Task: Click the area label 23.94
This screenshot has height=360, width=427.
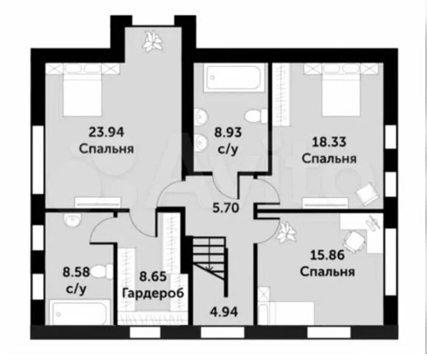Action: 107,132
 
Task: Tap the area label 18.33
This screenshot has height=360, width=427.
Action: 329,142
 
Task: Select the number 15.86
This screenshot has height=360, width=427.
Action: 327,256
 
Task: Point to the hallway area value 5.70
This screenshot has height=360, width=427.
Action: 226,208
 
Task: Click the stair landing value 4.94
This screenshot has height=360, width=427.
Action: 224,312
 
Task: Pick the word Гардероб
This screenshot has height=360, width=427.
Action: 153,293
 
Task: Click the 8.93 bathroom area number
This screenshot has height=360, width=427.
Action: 228,133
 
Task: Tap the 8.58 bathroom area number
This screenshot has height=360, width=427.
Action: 76,272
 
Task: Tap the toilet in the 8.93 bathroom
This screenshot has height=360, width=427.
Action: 256,116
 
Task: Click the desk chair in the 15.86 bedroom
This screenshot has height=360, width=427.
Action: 354,240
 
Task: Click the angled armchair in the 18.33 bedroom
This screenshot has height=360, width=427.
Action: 367,194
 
